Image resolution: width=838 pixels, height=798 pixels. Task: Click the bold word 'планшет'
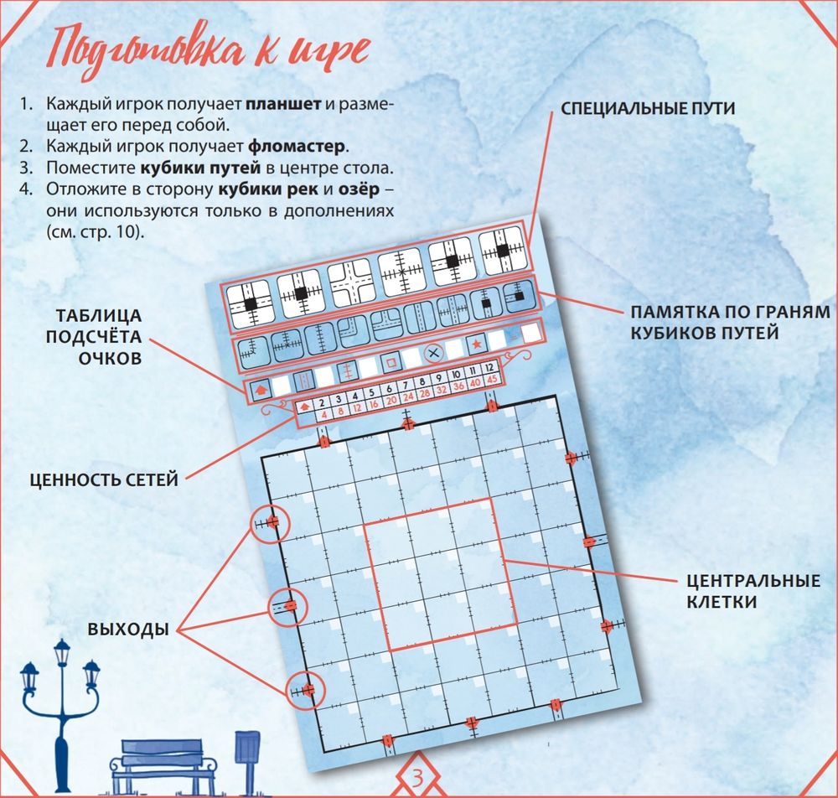tap(283, 104)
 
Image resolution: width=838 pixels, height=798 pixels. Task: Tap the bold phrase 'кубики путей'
tap(200, 168)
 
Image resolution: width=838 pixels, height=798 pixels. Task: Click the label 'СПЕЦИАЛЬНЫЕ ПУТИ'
tap(648, 108)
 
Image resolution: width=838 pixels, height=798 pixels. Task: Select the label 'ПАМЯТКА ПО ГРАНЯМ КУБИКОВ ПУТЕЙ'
tap(730, 322)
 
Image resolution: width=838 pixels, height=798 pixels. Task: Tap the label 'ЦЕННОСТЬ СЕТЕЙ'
tap(104, 479)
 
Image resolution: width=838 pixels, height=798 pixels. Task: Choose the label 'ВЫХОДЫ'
tap(128, 630)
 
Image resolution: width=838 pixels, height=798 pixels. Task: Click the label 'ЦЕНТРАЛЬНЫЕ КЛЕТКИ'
tap(753, 591)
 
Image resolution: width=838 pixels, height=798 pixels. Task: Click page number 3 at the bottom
tap(418, 778)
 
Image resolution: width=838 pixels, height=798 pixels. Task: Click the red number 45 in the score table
tap(492, 379)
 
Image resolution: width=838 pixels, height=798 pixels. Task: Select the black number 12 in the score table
tap(489, 368)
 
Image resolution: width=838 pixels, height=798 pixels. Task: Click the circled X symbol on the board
tap(434, 353)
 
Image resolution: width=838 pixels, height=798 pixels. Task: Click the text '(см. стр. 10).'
tap(96, 232)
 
